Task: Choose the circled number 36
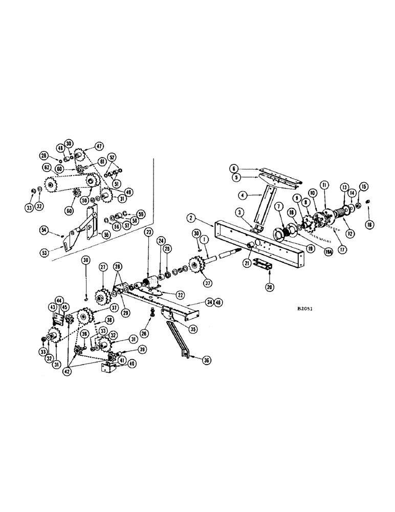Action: click(x=206, y=360)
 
